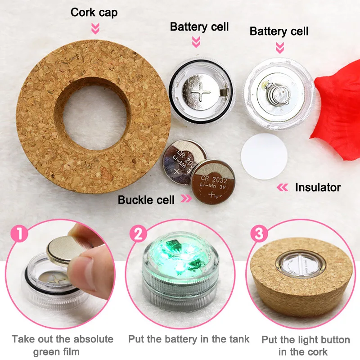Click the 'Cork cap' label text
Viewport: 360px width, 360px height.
(x=94, y=13)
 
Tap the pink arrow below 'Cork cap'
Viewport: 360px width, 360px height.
(x=95, y=28)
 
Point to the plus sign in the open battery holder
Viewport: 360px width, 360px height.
(x=201, y=92)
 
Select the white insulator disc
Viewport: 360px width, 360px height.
(x=264, y=156)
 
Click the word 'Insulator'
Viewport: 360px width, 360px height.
(x=318, y=187)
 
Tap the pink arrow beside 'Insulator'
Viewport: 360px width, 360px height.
(x=283, y=187)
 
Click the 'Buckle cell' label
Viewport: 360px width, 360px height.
(x=146, y=200)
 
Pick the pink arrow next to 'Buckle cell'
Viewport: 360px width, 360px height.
(x=186, y=198)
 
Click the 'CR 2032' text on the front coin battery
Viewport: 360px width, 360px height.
(x=214, y=179)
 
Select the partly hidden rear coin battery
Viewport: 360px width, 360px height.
(x=181, y=161)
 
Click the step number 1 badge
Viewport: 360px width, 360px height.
(x=19, y=233)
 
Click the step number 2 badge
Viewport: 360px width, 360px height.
(x=138, y=234)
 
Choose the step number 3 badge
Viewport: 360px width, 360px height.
(x=259, y=234)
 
